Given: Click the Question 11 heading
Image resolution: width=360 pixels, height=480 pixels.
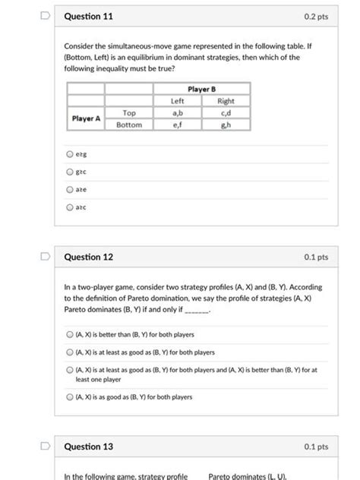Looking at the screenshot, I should (88, 15).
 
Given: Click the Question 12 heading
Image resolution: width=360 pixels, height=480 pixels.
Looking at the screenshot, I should (88, 257).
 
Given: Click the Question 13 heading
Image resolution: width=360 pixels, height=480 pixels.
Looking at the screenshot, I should (88, 447).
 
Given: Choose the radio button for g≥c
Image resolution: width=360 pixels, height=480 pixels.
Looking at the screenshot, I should (69, 173).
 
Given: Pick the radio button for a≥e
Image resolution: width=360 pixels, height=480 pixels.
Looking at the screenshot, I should (69, 190).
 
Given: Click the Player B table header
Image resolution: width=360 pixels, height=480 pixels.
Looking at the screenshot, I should (200, 90).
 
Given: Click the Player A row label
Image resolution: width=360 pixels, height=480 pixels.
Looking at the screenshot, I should (85, 118).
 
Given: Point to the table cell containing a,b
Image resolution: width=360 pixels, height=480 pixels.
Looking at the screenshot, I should (178, 112).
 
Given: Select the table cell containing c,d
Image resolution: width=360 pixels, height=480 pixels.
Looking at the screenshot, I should (226, 112).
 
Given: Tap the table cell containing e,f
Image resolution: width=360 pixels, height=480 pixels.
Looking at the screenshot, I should (178, 125).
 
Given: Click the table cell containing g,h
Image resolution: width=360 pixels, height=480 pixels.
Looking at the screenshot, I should (226, 125).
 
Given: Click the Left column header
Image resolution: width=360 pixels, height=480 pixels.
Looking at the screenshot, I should (178, 101).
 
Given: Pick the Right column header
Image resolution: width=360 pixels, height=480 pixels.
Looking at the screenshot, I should (226, 101).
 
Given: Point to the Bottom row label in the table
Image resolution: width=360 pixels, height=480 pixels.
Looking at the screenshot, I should (129, 125).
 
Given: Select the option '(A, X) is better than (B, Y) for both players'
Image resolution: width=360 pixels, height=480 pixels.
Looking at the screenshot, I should (69, 334).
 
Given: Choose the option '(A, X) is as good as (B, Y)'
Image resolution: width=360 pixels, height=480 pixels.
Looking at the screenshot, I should (69, 396).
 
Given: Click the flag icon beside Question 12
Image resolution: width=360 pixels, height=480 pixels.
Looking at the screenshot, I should (46, 257).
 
